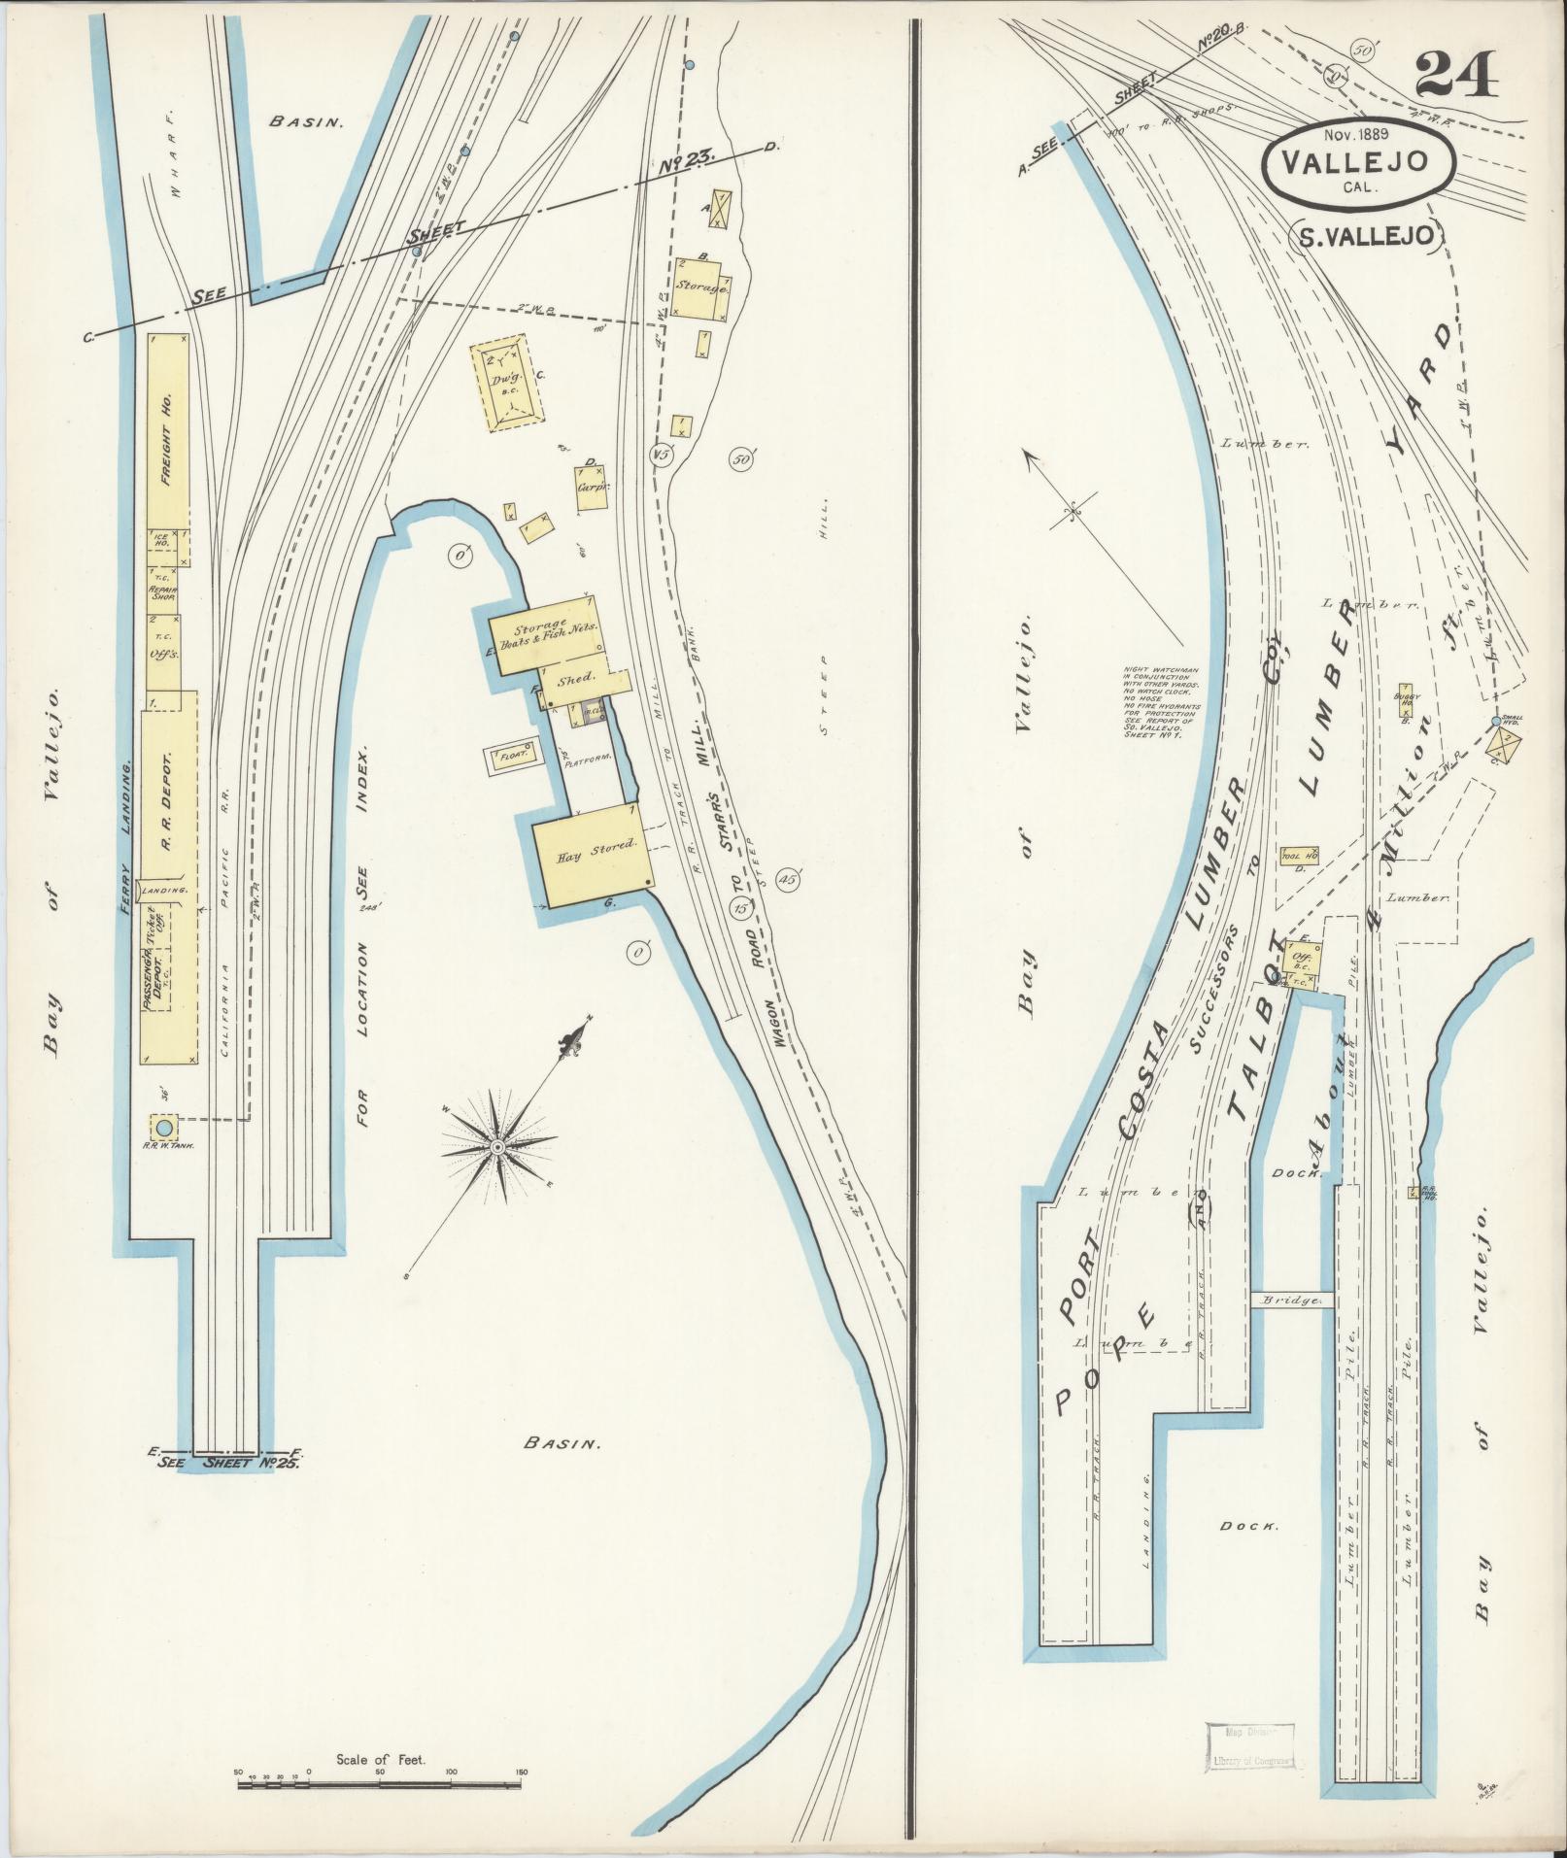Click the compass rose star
pyautogui.click(x=497, y=1147)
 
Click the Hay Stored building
pyautogui.click(x=592, y=856)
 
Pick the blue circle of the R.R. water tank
pyautogui.click(x=164, y=1128)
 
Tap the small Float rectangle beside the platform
pyautogui.click(x=508, y=755)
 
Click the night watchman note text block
pyautogui.click(x=1160, y=703)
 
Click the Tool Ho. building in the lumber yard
pyautogui.click(x=1299, y=855)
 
